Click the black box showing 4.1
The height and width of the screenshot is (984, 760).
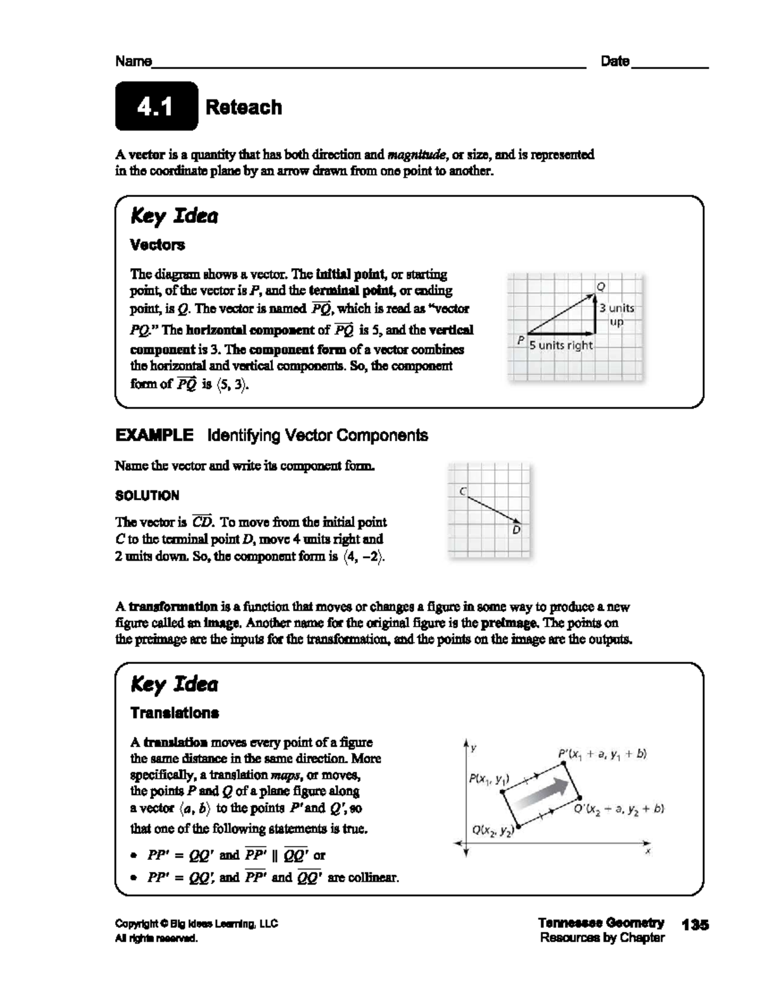[156, 106]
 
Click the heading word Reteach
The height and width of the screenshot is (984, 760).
[244, 107]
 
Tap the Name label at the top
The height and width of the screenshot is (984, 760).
[133, 61]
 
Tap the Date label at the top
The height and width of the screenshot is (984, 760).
[615, 61]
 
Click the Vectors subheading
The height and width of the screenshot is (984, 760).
[157, 245]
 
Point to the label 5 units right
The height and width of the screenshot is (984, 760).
[561, 345]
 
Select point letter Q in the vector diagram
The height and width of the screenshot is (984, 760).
[601, 286]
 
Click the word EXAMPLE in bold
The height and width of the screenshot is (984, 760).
[154, 435]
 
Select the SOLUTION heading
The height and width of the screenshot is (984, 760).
[147, 495]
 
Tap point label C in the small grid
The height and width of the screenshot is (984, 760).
[463, 491]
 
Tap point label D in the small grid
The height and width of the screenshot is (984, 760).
[516, 530]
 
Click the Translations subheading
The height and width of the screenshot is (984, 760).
[174, 713]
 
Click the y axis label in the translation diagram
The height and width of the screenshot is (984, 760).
[473, 748]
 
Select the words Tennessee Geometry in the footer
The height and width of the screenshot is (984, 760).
[601, 923]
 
